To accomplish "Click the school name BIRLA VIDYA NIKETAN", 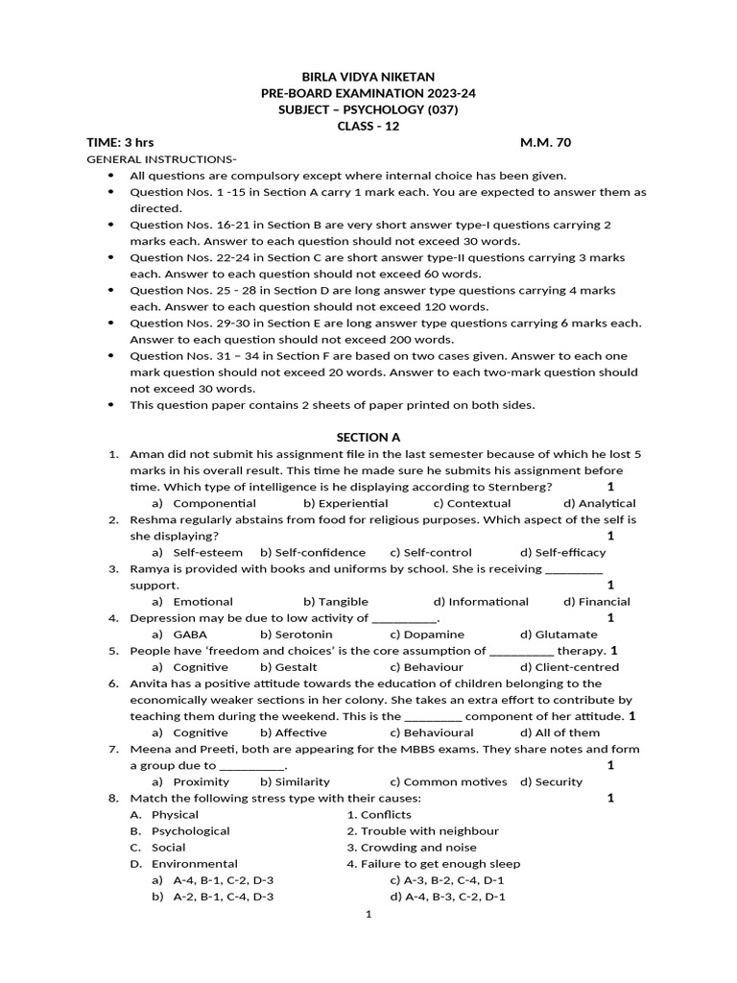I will pos(368,77).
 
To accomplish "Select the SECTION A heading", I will pos(368,438).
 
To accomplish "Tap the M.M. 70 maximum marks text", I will pos(545,142).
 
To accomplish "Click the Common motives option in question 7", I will pos(448,781).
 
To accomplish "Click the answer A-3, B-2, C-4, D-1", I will pos(447,880).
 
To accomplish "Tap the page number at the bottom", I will pos(368,915).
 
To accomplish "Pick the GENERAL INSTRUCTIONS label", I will pos(161,158).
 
